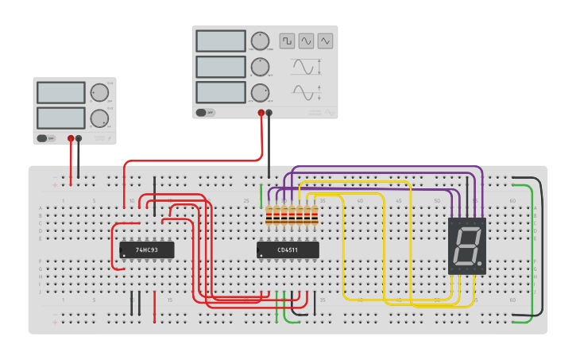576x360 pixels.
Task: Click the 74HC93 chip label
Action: coord(146,250)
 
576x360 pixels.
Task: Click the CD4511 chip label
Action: coord(288,250)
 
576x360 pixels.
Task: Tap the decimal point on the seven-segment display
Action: coord(479,262)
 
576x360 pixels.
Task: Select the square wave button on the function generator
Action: coord(286,41)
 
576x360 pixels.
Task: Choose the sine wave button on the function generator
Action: coord(306,41)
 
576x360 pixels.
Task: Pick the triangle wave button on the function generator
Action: coord(325,41)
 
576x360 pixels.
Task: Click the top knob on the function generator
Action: coord(260,41)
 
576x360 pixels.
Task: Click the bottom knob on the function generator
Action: coord(260,92)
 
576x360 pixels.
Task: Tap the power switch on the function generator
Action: coord(205,113)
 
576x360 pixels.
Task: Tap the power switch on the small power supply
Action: coord(46,138)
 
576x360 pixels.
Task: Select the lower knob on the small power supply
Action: coord(99,118)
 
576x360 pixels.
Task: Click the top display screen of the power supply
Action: coord(60,93)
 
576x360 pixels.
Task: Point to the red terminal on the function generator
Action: coord(261,113)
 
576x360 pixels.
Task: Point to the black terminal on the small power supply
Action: coord(79,138)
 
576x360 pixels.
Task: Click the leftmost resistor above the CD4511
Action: coord(269,215)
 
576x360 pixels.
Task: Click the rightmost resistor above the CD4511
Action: coord(315,215)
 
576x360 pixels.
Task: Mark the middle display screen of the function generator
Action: coord(220,67)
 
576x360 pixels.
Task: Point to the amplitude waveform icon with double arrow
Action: coord(306,67)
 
